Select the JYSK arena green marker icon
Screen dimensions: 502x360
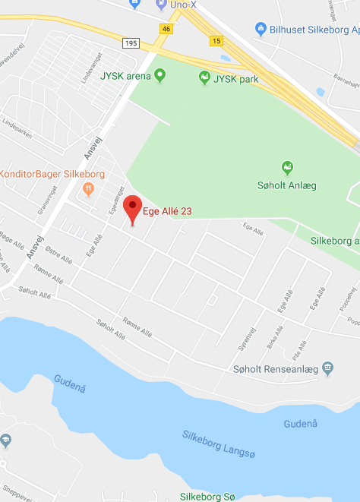point(159,75)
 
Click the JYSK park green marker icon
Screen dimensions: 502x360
point(204,77)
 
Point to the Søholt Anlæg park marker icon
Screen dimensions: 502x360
point(287,167)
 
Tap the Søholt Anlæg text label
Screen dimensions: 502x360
point(287,185)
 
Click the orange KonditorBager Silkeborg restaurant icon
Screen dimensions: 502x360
point(89,188)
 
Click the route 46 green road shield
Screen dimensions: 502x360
point(166,29)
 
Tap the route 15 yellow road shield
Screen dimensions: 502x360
point(218,40)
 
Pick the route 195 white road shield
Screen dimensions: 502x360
point(131,43)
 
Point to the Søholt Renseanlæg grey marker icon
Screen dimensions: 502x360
point(327,368)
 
